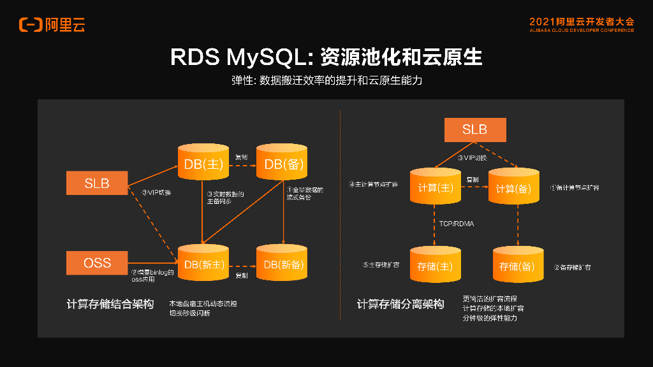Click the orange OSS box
pyautogui.click(x=97, y=263)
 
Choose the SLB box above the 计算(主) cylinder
pyautogui.click(x=474, y=129)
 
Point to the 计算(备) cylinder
pyautogui.click(x=514, y=188)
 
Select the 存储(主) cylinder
pyautogui.click(x=435, y=266)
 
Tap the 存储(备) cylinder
pyautogui.click(x=517, y=266)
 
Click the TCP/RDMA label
pyautogui.click(x=457, y=224)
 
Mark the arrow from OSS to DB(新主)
pyautogui.click(x=152, y=263)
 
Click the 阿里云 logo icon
pyautogui.click(x=31, y=25)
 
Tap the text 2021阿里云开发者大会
pyautogui.click(x=582, y=21)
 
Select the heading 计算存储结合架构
pyautogui.click(x=110, y=305)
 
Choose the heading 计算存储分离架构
pyautogui.click(x=400, y=305)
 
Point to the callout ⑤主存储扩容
pyautogui.click(x=381, y=264)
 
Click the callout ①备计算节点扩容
pyautogui.click(x=574, y=188)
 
